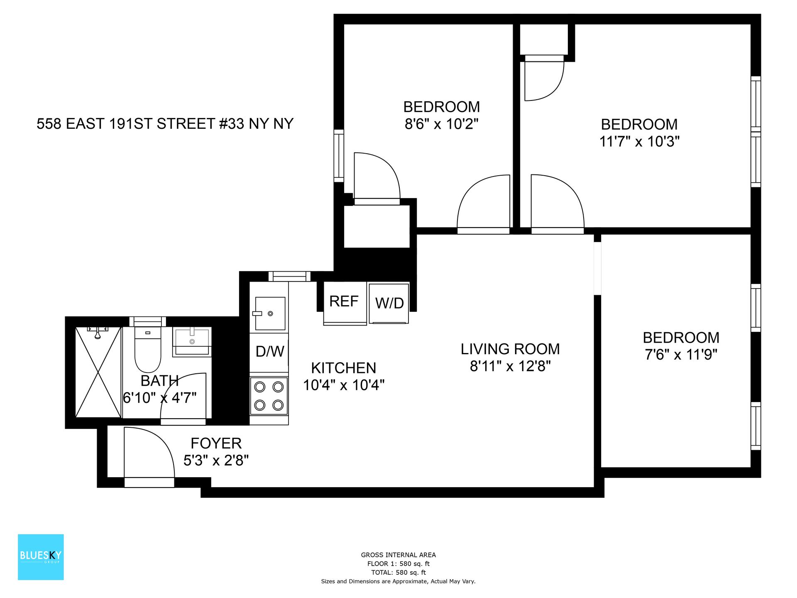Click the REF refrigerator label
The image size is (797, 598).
coord(344,301)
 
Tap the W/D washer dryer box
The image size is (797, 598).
coord(389,303)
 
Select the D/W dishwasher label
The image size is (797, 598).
coord(269,352)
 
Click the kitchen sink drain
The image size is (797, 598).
coord(271,314)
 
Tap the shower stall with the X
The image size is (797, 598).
coord(98,372)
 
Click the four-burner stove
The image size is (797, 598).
coord(269,396)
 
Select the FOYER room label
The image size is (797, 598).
coord(216,444)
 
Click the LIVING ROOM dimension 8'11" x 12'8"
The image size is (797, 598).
coord(510,366)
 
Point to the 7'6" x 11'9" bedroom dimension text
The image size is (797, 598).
coord(681,355)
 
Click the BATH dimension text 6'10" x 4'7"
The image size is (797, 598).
coord(159,398)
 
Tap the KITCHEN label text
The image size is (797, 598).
coord(343,368)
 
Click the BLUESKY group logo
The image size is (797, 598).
coord(41,556)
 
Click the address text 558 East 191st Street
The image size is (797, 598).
coord(165,124)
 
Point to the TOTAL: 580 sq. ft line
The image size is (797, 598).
coord(398,572)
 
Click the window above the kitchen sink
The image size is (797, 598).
coord(289,276)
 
